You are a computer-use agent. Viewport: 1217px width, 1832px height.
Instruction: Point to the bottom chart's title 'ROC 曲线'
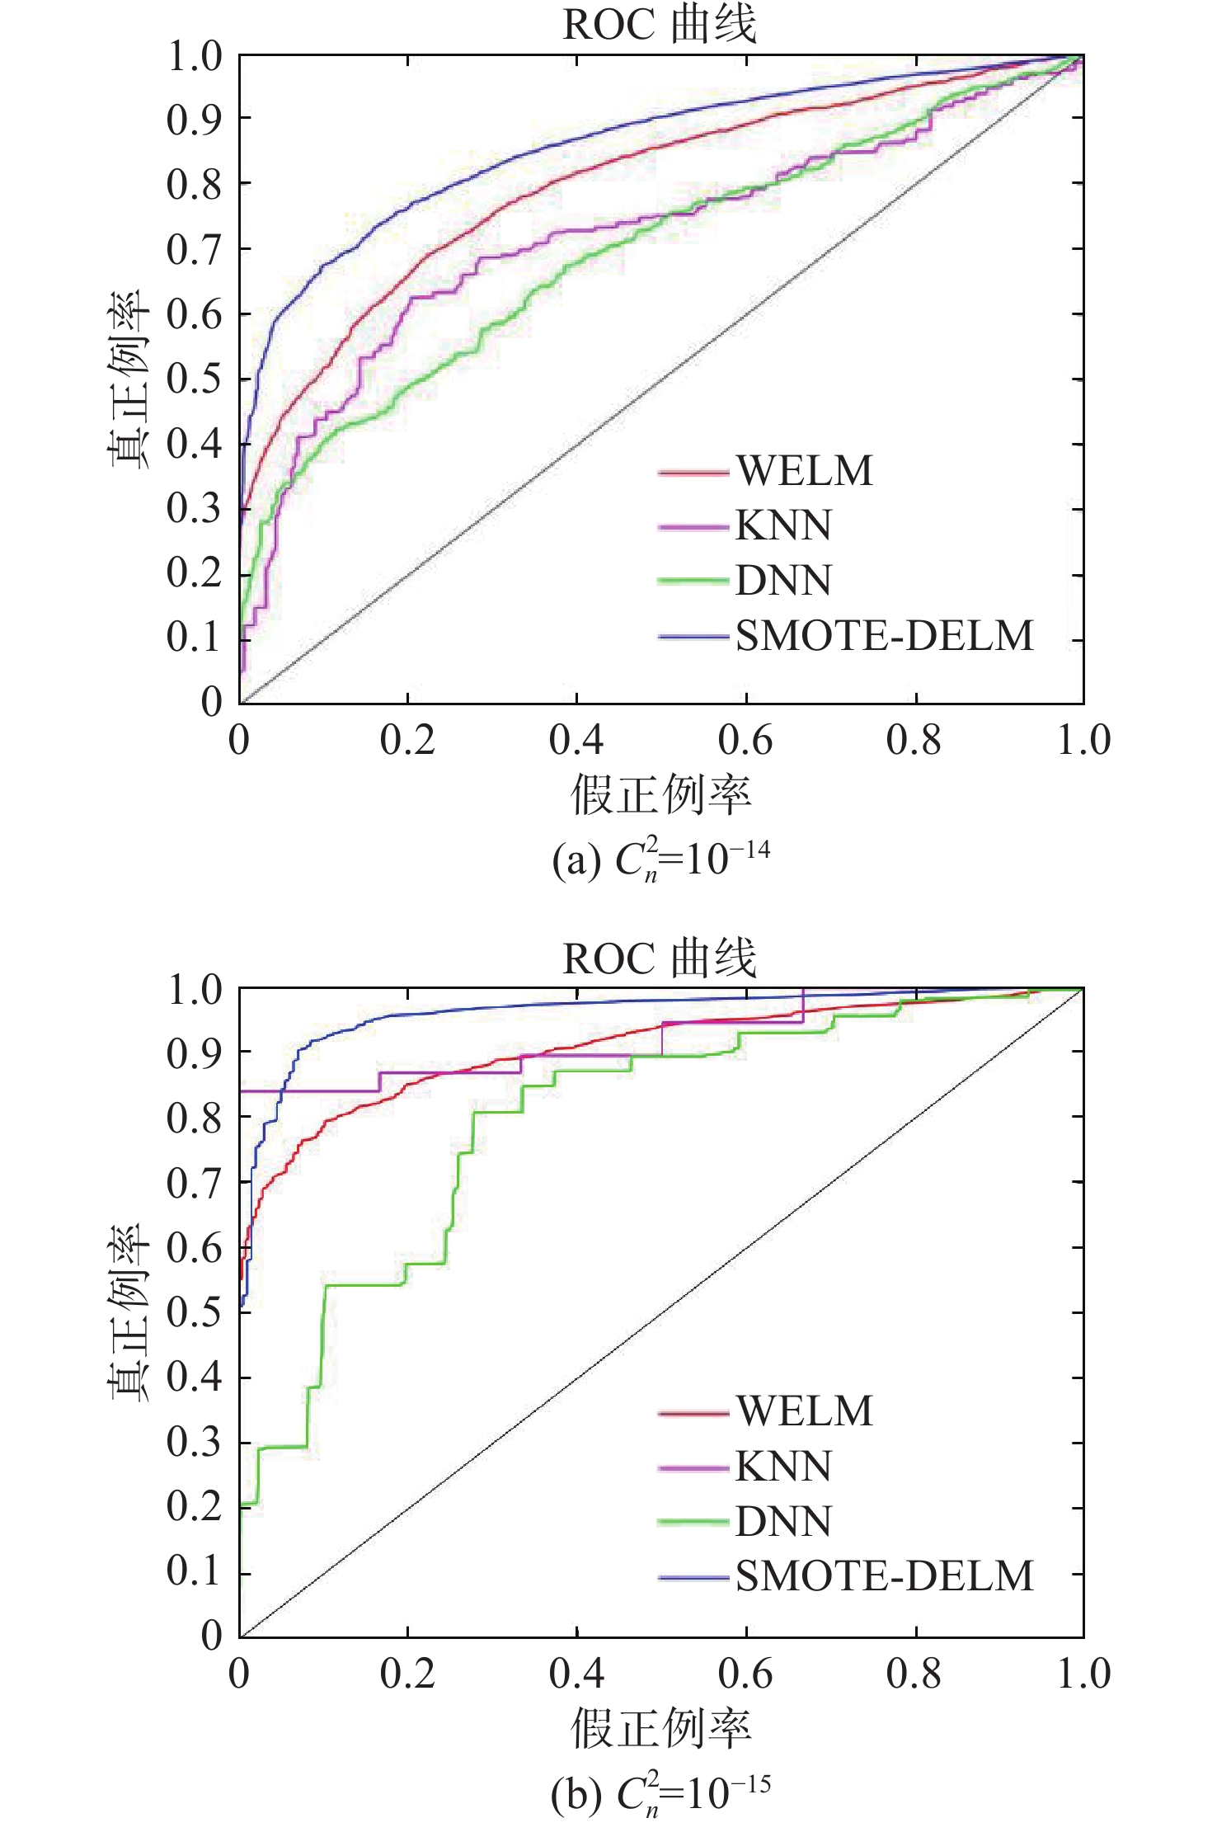tap(659, 958)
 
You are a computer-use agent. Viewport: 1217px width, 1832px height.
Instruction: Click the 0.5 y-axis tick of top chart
tap(195, 379)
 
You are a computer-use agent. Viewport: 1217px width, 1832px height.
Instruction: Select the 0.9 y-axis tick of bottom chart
tap(195, 1053)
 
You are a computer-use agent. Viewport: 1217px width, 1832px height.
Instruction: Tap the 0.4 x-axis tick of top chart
tap(576, 740)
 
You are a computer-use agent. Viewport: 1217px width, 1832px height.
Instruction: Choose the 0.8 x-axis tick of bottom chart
tap(914, 1674)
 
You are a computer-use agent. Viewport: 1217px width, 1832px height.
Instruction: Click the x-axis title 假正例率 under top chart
tap(661, 795)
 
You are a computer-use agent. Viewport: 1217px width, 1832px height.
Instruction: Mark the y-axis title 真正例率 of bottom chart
tap(129, 1312)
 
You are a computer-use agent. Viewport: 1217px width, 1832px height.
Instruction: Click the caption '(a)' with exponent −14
tap(660, 859)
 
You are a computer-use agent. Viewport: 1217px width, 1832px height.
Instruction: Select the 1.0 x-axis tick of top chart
tap(1083, 740)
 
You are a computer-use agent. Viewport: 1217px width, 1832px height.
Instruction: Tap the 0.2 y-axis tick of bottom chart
tap(195, 1507)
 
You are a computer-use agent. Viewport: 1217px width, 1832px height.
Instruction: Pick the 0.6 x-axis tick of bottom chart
tap(745, 1674)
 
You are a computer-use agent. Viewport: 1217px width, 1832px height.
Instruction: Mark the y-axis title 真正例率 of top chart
tap(129, 379)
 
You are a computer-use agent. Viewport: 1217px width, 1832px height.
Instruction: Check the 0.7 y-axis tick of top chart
tap(195, 249)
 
